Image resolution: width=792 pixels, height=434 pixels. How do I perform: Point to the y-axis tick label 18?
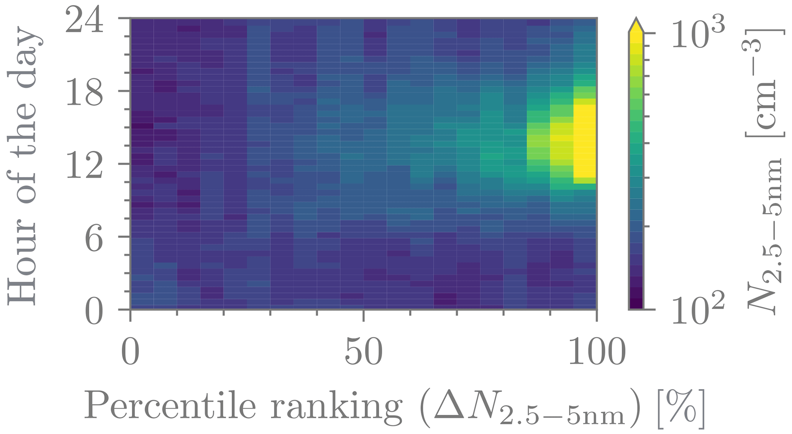tap(85, 93)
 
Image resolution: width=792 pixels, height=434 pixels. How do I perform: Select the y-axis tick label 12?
tap(85, 166)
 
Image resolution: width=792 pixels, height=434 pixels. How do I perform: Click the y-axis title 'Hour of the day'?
tap(24, 165)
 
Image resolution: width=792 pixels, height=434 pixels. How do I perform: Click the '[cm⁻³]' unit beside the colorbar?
tap(764, 82)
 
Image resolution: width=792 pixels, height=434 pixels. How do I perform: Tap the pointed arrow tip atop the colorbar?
tap(636, 21)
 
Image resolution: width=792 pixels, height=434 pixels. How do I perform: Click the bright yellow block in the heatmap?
tap(585, 140)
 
